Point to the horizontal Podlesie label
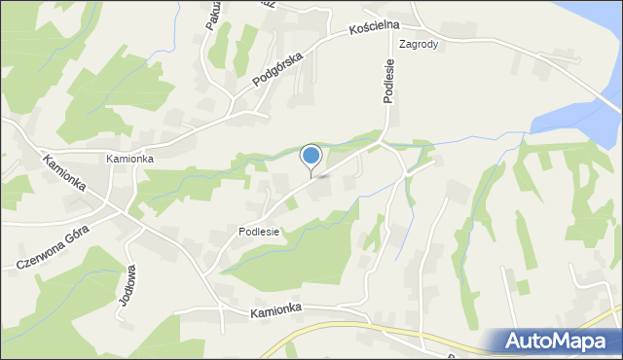pos(259,232)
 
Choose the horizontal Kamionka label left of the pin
pos(130,158)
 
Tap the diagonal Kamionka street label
pos(65,173)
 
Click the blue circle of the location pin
pos(311,156)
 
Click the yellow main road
pos(321,331)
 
